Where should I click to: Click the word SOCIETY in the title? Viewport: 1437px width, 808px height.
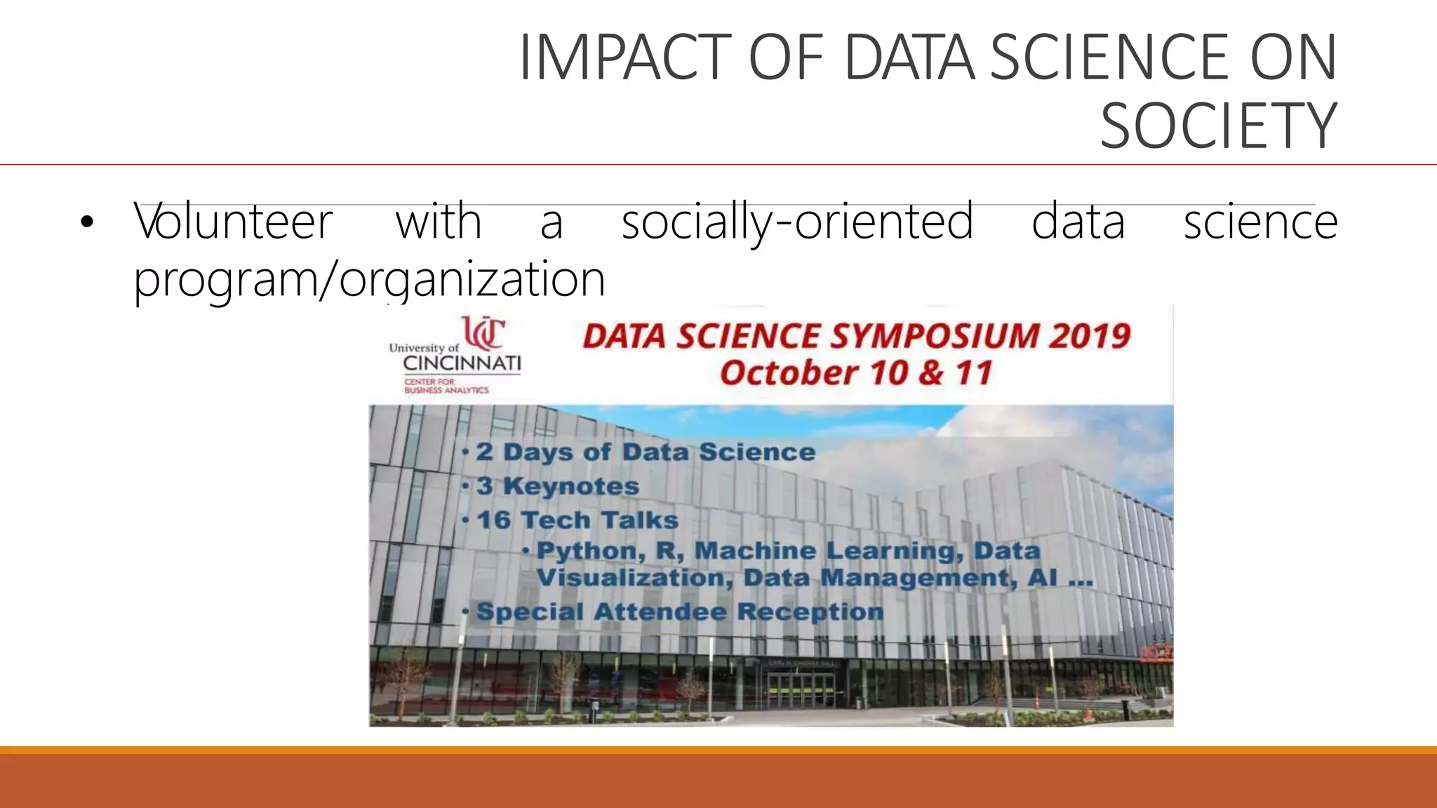1218,126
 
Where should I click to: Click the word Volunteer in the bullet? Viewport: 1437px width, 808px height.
234,222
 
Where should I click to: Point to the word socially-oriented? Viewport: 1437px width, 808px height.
797,222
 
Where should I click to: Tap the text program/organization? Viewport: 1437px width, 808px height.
369,279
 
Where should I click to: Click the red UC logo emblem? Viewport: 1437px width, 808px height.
483,332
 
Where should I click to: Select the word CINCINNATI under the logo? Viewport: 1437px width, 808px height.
462,363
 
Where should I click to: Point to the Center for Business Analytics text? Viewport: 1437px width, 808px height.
446,386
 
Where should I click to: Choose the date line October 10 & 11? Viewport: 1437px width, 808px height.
856,373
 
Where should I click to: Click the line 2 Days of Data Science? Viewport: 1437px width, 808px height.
646,452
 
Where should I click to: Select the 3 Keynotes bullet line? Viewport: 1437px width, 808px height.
558,486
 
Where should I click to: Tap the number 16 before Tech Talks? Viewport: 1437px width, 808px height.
494,520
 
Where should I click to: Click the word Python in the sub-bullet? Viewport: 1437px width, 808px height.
590,551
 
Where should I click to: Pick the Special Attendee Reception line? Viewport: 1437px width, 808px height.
679,612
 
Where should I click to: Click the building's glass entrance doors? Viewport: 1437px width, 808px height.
801,690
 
